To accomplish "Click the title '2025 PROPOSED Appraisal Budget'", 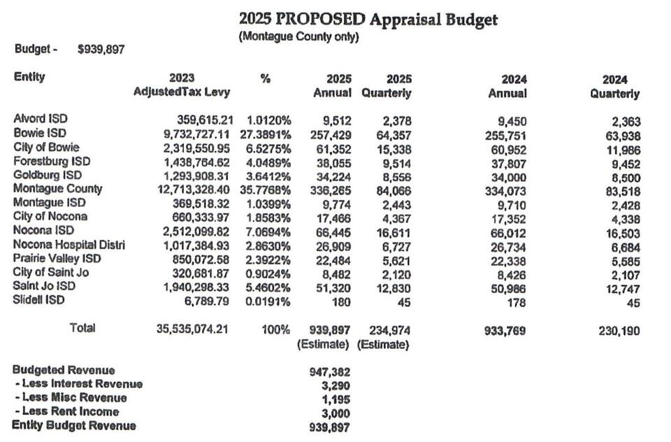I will point(368,19).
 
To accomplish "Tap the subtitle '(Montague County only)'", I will point(298,37).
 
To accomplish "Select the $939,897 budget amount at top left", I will point(101,50).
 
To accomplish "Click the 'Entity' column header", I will point(29,77).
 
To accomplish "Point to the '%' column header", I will point(265,79).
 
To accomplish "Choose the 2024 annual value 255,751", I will point(505,135).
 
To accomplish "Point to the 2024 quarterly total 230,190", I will point(619,331).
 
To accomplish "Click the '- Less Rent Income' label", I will point(66,411).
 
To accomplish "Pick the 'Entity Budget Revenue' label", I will point(74,425).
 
